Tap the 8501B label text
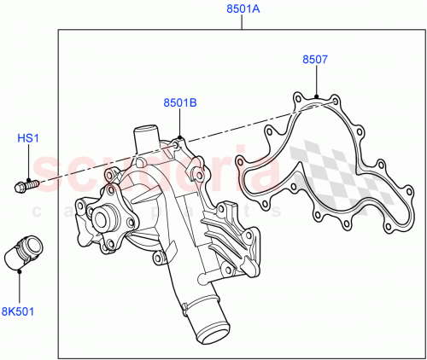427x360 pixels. [x=180, y=103]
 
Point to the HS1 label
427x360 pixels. [x=29, y=137]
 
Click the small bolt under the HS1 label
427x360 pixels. [x=26, y=182]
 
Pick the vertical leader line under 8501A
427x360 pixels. [x=242, y=22]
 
